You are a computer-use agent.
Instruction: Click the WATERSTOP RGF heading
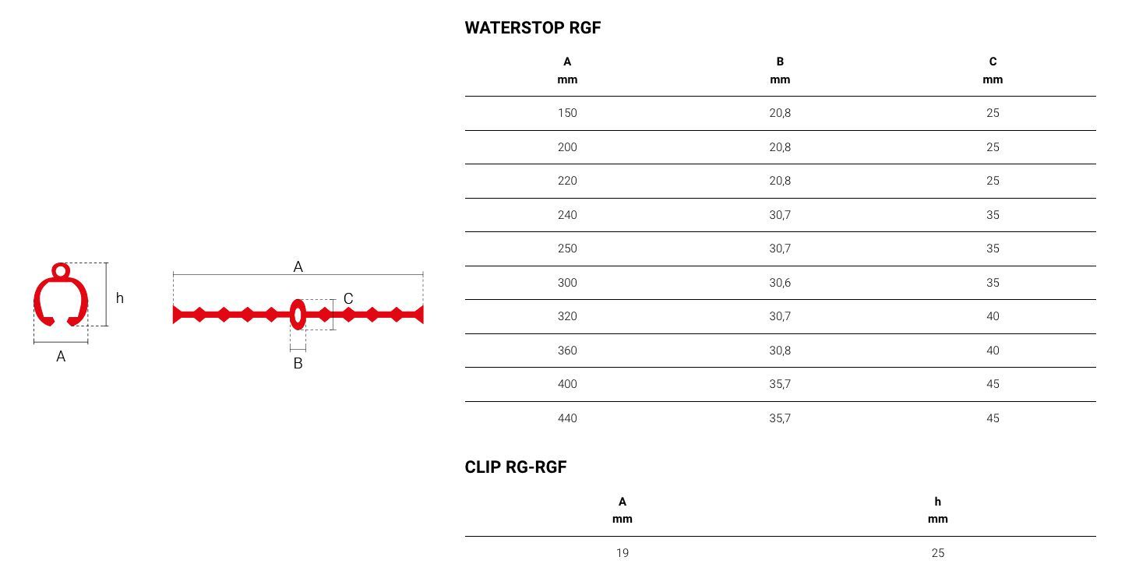533,28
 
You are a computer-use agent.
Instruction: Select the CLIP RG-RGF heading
516,467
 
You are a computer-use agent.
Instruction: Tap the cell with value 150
567,113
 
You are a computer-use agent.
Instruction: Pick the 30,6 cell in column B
780,283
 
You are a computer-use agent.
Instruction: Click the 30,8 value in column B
780,351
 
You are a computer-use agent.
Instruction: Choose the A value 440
567,418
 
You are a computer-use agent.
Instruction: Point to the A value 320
567,316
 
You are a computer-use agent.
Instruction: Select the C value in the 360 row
993,351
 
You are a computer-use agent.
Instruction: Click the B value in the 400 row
780,384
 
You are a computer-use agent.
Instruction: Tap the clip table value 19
622,553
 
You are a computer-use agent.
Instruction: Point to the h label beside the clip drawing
119,298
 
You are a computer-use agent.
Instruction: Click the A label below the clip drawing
61,357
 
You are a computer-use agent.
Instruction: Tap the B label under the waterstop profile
298,363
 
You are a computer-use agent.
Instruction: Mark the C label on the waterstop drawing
348,298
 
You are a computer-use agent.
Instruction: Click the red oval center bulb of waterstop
298,315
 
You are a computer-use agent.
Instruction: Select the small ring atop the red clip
61,271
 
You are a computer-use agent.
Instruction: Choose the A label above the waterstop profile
298,266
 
